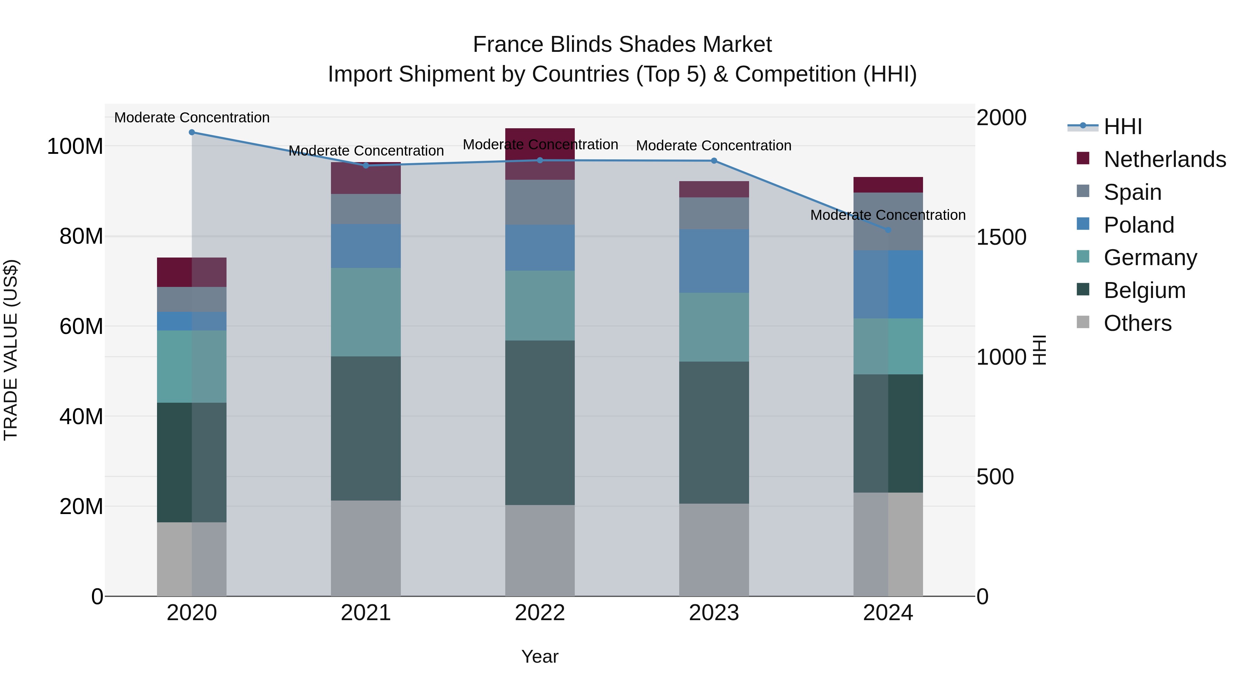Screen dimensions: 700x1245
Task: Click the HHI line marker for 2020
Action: (192, 132)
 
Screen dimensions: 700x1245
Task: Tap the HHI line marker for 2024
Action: (888, 230)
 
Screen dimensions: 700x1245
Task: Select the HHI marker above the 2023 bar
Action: (714, 161)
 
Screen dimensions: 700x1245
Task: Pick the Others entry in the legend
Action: (1137, 323)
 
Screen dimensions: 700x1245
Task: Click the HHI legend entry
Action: (1123, 127)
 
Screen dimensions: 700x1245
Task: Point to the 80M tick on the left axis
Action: (81, 236)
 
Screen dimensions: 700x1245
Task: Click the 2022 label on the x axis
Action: (540, 613)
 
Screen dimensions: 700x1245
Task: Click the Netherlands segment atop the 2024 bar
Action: (888, 185)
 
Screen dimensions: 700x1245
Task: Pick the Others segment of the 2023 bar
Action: (714, 550)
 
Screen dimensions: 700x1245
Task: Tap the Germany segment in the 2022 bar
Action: (540, 305)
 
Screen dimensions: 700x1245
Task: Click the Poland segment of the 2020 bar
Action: (192, 321)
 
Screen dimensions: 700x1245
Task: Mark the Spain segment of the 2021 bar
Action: (366, 209)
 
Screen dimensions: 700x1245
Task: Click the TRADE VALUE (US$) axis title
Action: (11, 350)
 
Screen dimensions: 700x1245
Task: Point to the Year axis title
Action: (540, 656)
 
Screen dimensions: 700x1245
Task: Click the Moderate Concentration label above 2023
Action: (713, 146)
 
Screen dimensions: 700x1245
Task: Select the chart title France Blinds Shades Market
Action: (622, 45)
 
